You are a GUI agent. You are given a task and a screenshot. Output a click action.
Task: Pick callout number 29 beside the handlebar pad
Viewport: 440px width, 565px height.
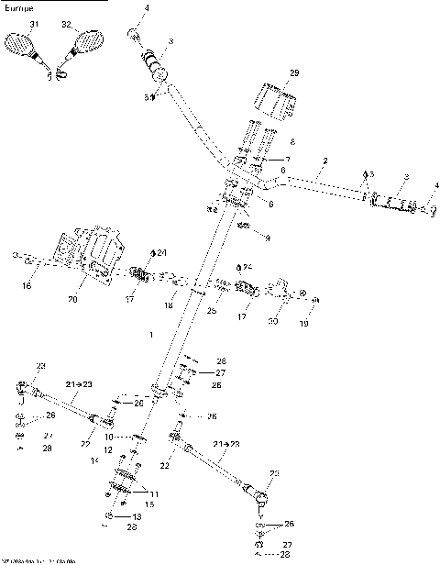pyautogui.click(x=294, y=72)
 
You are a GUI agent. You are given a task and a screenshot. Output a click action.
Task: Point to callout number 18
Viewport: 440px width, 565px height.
pyautogui.click(x=168, y=305)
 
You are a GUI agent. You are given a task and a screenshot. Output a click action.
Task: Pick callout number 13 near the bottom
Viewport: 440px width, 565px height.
pyautogui.click(x=137, y=517)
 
